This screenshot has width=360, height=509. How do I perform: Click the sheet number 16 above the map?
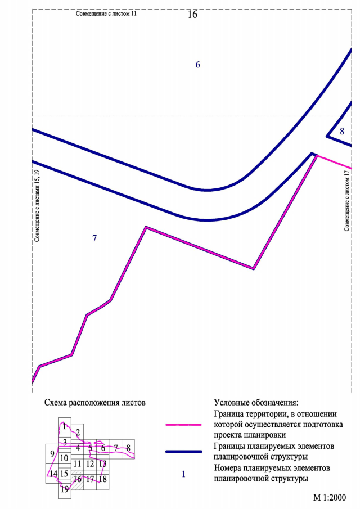pos(192,15)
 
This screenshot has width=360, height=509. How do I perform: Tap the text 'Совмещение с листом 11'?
pos(106,12)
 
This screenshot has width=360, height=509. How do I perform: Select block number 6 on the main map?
pos(197,65)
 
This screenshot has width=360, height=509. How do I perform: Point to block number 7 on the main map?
pos(94,238)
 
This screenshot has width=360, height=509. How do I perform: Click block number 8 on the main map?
pos(342,132)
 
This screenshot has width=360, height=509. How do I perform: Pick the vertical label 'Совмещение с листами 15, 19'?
pos(37,205)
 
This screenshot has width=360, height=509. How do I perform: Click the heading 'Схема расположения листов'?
pos(94,403)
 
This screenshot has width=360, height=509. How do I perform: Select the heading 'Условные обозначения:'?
pos(256,403)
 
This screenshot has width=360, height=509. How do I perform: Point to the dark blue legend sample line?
pos(183,452)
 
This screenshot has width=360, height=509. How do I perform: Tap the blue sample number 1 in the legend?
pos(183,474)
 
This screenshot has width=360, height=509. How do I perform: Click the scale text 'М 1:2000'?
pos(330,498)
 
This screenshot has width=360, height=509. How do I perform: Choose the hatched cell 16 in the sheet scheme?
pos(77,480)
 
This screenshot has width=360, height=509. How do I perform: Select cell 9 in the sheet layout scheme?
pos(52,454)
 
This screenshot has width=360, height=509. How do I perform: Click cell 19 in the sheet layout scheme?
pos(65,489)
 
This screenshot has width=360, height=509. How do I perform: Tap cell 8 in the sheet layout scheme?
pos(129,448)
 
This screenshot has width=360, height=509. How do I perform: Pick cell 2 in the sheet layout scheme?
pos(78,432)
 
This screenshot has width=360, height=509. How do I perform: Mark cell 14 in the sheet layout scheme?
pos(53,474)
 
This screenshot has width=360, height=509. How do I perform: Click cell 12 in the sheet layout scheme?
pos(90,464)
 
